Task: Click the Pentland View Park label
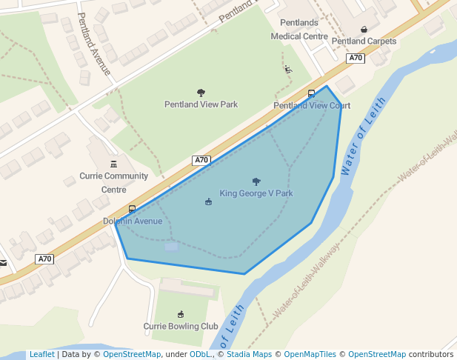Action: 201,104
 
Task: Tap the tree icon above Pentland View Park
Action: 201,93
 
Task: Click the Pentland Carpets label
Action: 364,41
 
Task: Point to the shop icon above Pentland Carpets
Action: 364,30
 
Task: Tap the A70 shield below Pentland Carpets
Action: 356,58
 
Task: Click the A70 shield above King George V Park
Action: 201,160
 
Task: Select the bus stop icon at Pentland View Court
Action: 311,93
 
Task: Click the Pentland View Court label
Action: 312,105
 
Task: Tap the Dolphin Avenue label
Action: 133,221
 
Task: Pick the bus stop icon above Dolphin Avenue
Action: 132,209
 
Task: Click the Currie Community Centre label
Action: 114,182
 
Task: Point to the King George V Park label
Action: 256,193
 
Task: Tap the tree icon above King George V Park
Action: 256,181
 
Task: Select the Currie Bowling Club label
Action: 181,326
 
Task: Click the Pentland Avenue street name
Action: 94,44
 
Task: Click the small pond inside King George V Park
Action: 171,246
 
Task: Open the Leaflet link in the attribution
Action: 41,354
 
